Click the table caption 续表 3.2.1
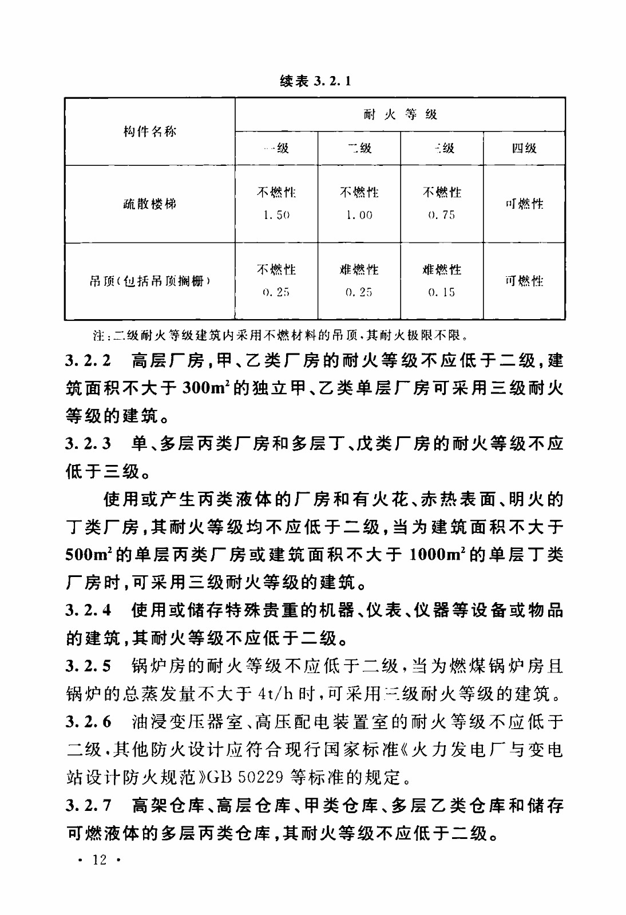(x=315, y=81)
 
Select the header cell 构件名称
(x=150, y=132)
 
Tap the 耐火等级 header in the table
(x=400, y=114)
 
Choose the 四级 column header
(x=524, y=149)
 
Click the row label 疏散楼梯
(x=150, y=204)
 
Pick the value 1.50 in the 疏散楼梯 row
(x=276, y=216)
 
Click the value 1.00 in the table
(x=359, y=216)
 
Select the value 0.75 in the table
(x=441, y=216)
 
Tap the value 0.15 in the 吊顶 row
(x=441, y=292)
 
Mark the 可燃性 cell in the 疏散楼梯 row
(x=524, y=204)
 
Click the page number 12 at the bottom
(x=100, y=860)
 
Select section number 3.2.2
(x=89, y=361)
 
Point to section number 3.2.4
(x=89, y=611)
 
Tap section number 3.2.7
(x=89, y=806)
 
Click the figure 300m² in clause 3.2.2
(x=207, y=389)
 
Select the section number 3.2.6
(x=89, y=722)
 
